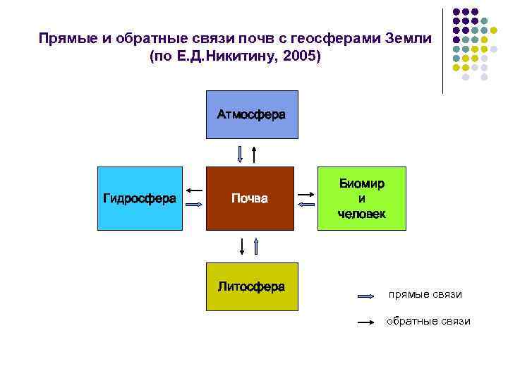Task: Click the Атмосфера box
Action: [252, 114]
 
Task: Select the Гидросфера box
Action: [139, 199]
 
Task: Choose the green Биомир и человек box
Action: [361, 199]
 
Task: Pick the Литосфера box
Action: [252, 286]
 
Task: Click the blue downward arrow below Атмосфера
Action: [241, 154]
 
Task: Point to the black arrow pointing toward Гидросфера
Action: [194, 190]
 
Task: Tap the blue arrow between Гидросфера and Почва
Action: [194, 205]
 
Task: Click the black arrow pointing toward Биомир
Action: [306, 192]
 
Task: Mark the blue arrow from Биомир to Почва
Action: [306, 204]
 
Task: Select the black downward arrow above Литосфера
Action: [242, 246]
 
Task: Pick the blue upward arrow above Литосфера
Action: [256, 246]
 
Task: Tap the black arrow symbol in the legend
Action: [367, 322]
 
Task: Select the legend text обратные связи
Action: [428, 321]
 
